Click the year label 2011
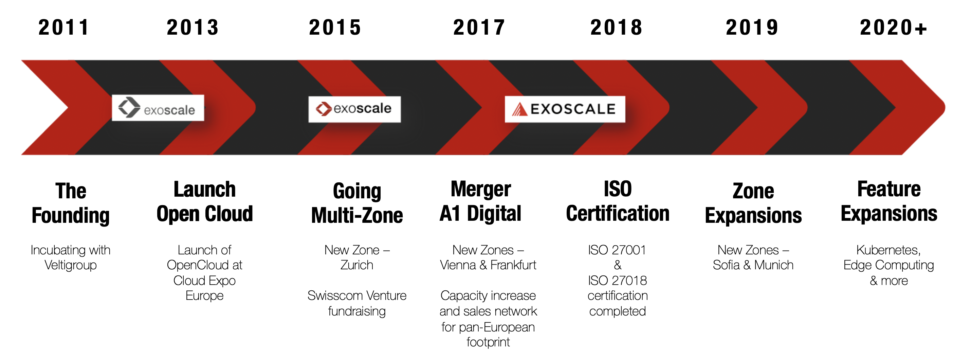64,28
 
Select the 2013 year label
193,28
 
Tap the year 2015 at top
335,28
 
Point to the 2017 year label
479,28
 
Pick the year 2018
616,28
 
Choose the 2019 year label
752,28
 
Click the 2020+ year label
893,28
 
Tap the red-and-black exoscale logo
354,109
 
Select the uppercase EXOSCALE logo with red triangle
565,109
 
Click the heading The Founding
71,203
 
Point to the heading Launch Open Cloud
205,202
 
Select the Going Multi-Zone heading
357,203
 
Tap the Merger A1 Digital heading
481,202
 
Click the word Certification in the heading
618,214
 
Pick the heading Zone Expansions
753,203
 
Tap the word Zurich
356,265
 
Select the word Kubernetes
888,250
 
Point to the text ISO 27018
618,281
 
